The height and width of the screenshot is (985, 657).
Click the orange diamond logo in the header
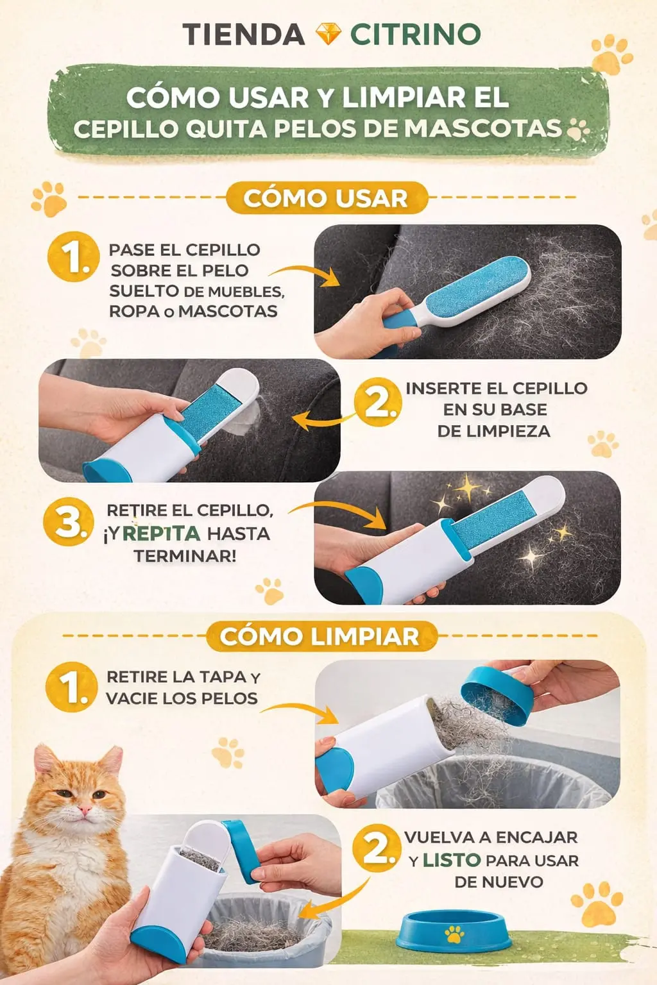(x=328, y=34)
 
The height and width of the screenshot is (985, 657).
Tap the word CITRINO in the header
(x=415, y=34)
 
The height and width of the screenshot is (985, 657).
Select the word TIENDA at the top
(x=243, y=34)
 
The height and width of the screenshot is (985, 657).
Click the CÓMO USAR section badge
(x=326, y=198)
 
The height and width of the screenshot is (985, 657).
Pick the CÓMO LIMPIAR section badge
(x=321, y=636)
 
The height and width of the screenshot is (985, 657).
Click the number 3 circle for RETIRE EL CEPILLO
(x=69, y=521)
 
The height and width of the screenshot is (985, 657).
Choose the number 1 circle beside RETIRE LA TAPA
(x=71, y=687)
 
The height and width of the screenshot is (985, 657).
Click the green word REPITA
(x=161, y=534)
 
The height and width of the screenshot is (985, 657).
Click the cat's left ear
(x=110, y=761)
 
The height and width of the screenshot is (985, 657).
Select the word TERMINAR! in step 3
(x=185, y=556)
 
